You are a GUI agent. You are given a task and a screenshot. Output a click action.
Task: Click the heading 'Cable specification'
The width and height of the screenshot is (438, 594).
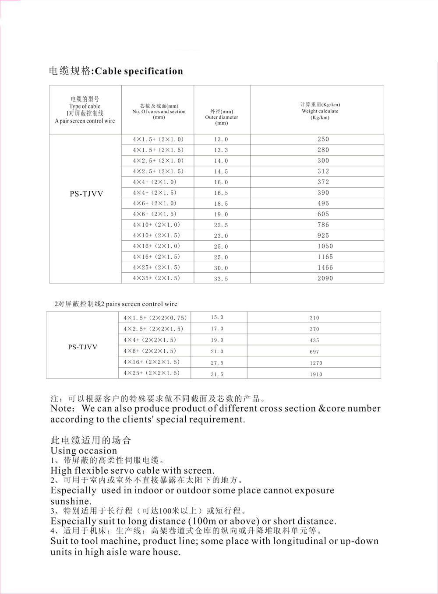click(138, 71)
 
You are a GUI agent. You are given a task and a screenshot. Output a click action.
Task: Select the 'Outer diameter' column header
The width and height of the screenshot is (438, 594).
click(222, 117)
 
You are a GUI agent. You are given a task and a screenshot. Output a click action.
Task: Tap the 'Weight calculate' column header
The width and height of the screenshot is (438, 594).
click(320, 111)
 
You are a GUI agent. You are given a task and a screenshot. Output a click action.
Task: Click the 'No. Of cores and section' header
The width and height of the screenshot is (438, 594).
click(159, 112)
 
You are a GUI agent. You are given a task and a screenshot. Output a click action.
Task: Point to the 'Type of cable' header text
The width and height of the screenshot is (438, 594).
click(85, 106)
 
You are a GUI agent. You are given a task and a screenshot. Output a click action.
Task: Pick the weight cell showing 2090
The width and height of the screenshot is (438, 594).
click(325, 278)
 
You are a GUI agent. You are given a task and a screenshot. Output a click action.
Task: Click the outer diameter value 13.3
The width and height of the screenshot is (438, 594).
click(221, 150)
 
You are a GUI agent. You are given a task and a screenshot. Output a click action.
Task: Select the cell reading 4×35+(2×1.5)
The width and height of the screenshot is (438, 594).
click(156, 278)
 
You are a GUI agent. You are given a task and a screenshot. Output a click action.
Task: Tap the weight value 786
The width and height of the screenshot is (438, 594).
click(323, 225)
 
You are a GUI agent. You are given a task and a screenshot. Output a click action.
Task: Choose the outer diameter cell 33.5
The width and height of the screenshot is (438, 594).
click(221, 279)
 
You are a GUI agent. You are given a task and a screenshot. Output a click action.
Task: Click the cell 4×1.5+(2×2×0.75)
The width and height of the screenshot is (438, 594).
click(155, 318)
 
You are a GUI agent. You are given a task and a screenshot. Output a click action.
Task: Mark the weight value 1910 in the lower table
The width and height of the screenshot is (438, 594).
click(316, 374)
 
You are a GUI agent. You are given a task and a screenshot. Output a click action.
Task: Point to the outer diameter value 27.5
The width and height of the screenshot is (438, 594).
click(217, 363)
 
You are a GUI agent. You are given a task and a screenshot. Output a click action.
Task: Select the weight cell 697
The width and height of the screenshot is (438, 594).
click(314, 351)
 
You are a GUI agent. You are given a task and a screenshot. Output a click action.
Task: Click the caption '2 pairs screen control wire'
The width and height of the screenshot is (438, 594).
click(139, 304)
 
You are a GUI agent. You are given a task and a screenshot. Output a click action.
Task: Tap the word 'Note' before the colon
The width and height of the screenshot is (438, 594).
click(63, 408)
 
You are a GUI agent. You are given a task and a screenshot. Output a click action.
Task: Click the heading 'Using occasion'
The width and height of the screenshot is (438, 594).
click(84, 450)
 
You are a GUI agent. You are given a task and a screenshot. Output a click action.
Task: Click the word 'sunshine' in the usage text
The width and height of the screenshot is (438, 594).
click(70, 501)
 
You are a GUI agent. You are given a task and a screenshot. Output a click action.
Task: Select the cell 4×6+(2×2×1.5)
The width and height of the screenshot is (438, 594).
click(150, 351)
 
